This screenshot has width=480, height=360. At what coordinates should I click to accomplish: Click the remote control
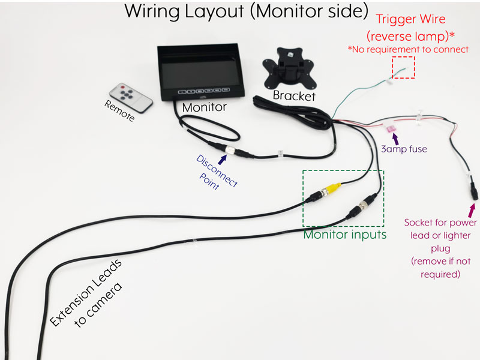coord(131,98)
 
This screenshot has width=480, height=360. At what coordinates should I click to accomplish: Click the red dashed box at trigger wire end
coord(403,67)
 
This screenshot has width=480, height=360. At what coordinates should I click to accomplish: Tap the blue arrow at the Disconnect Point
coord(224,158)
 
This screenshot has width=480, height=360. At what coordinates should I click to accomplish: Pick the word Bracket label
coord(294,95)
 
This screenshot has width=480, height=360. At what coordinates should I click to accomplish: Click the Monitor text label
coord(204,107)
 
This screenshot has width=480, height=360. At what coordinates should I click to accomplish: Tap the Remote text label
coord(119,112)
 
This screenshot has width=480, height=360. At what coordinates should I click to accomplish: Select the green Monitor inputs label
coord(344,234)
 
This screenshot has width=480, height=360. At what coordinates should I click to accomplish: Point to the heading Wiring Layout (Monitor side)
coord(245,12)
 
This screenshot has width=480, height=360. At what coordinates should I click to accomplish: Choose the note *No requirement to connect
coord(408,49)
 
